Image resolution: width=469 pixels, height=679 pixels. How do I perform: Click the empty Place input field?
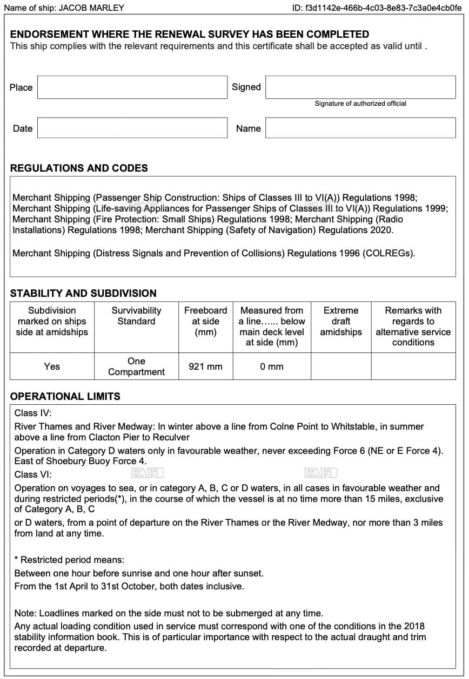pyautogui.click(x=132, y=87)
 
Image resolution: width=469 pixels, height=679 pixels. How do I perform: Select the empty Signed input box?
pyautogui.click(x=360, y=87)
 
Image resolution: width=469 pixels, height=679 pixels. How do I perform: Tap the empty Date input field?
pyautogui.click(x=132, y=128)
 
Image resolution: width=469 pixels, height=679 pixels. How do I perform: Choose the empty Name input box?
pyautogui.click(x=360, y=128)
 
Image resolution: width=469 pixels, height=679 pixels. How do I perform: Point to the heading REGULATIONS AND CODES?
pyautogui.click(x=79, y=168)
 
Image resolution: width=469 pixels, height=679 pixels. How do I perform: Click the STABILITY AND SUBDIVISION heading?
pyautogui.click(x=83, y=294)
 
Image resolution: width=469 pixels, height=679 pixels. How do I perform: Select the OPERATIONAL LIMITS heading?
pyautogui.click(x=65, y=396)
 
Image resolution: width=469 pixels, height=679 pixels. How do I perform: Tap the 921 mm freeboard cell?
pyautogui.click(x=205, y=367)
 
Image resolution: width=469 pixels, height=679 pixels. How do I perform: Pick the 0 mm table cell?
pyautogui.click(x=272, y=367)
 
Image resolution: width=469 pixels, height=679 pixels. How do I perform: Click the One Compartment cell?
pyautogui.click(x=136, y=366)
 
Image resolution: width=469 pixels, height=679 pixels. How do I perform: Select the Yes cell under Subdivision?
pyautogui.click(x=52, y=367)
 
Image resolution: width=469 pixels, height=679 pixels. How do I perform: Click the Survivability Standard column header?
pyautogui.click(x=136, y=316)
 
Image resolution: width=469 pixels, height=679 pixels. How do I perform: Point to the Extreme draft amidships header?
pyautogui.click(x=341, y=321)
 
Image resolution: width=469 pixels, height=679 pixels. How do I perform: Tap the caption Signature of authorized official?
pyautogui.click(x=360, y=104)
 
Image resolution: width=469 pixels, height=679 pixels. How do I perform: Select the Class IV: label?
pyautogui.click(x=33, y=413)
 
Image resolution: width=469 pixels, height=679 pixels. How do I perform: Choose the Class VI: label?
pyautogui.click(x=33, y=475)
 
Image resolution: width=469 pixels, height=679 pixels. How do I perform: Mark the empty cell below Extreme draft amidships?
pyautogui.click(x=341, y=367)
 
